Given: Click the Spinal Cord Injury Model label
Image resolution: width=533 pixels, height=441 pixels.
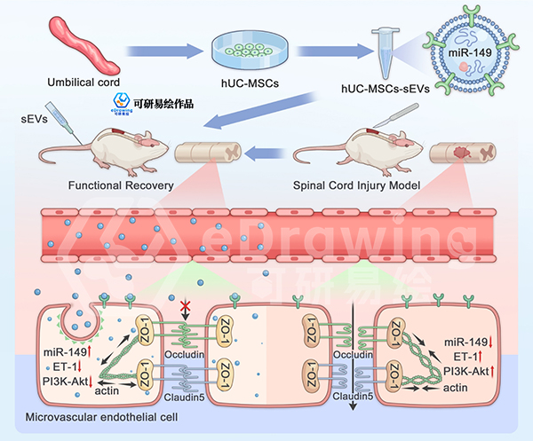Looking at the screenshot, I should (357, 187).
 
